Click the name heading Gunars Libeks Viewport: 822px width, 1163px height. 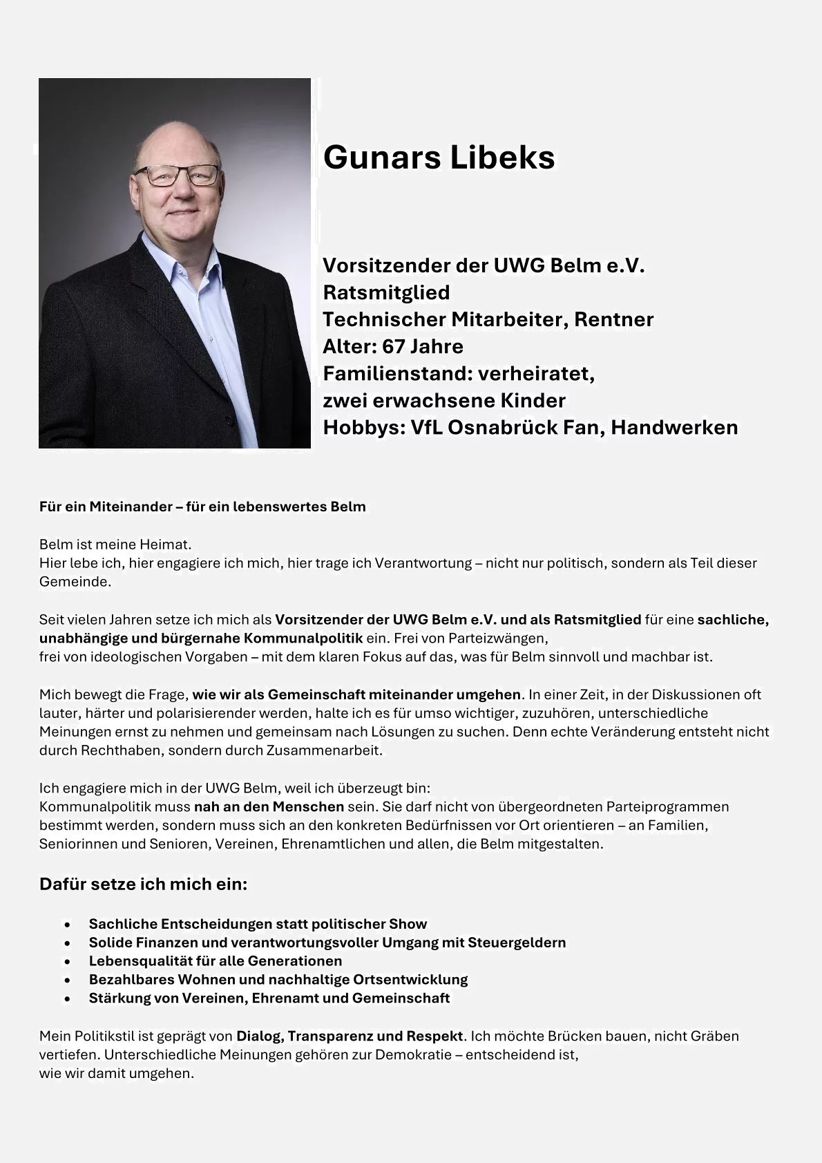[x=439, y=158]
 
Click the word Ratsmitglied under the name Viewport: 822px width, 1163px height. [x=386, y=292]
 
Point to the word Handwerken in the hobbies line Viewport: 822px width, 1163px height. [x=673, y=427]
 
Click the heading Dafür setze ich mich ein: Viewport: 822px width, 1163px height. [x=143, y=884]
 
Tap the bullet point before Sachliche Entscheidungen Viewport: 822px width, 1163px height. [x=67, y=925]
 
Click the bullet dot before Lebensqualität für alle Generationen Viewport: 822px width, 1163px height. [x=67, y=961]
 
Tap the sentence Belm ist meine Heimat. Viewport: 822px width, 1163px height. [x=115, y=545]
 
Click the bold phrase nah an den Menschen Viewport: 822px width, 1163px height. [x=269, y=806]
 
